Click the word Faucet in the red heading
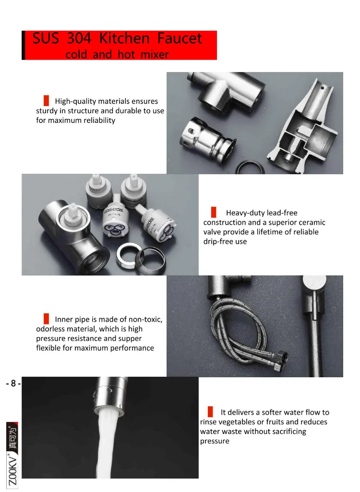click(180, 38)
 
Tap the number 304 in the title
click(79, 38)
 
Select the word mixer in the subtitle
click(155, 55)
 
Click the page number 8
click(13, 383)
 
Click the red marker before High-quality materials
click(46, 100)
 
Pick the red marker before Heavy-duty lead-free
click(214, 212)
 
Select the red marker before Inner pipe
click(46, 319)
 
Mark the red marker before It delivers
click(210, 412)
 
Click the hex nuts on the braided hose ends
click(279, 361)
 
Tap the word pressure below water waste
click(215, 442)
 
